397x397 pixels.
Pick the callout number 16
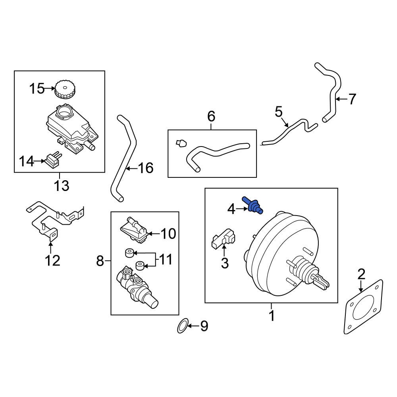pos(145,168)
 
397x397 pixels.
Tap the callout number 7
pos(352,98)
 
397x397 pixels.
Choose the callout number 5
pos(279,111)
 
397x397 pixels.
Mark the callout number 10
pos(168,234)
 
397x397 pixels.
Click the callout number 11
pos(166,260)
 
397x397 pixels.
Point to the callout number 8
pos(100,261)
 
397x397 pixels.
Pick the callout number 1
pos(272,316)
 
